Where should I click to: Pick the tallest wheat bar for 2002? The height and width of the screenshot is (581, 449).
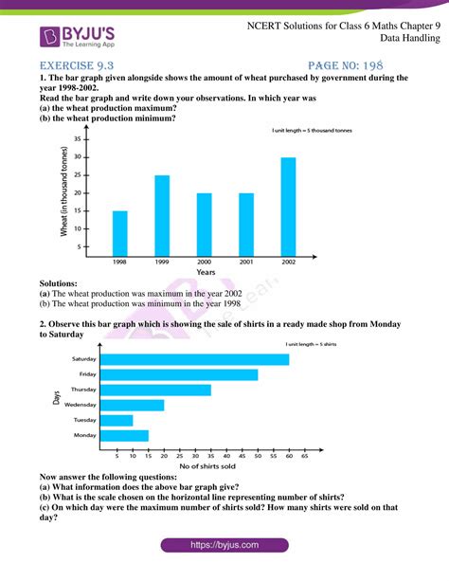click(288, 203)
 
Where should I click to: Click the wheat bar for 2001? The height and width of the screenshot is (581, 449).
click(246, 221)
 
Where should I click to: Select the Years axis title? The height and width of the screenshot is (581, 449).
click(205, 272)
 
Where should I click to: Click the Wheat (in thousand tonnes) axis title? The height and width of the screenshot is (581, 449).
click(64, 194)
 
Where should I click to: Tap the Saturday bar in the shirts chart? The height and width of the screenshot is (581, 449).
click(194, 359)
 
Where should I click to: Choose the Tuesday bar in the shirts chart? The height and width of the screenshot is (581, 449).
click(116, 420)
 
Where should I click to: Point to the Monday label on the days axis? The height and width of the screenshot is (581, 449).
click(82, 435)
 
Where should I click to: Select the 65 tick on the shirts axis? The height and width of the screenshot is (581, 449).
click(304, 455)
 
